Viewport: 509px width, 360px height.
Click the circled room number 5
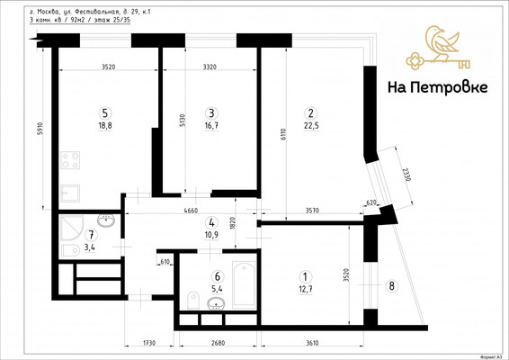pos(105,113)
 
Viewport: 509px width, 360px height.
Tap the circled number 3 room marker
pos(211,113)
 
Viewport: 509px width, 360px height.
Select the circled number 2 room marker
pos(310,113)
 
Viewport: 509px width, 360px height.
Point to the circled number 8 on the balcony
pos(390,286)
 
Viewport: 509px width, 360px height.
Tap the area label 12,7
pos(306,289)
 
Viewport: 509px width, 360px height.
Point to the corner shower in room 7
pos(69,225)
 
